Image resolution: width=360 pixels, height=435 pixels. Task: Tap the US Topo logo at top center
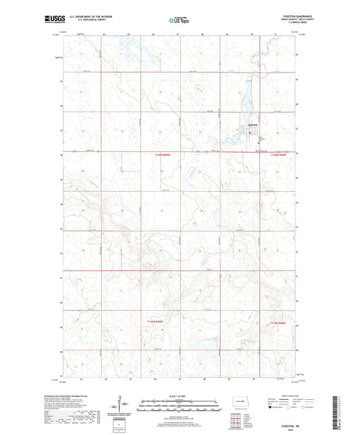(x=180, y=20)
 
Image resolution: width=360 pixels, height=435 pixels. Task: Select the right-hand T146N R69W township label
(x=279, y=155)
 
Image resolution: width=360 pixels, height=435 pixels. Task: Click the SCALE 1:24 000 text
(x=179, y=396)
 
